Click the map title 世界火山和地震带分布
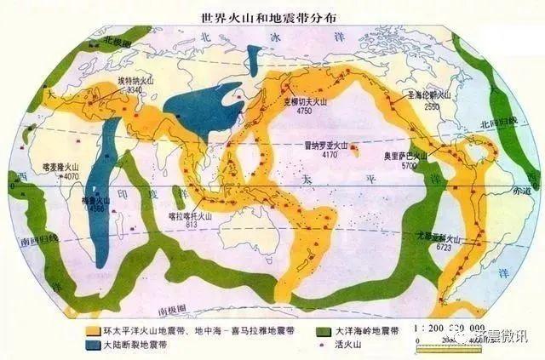[x=272, y=14]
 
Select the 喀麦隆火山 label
[x=60, y=169]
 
